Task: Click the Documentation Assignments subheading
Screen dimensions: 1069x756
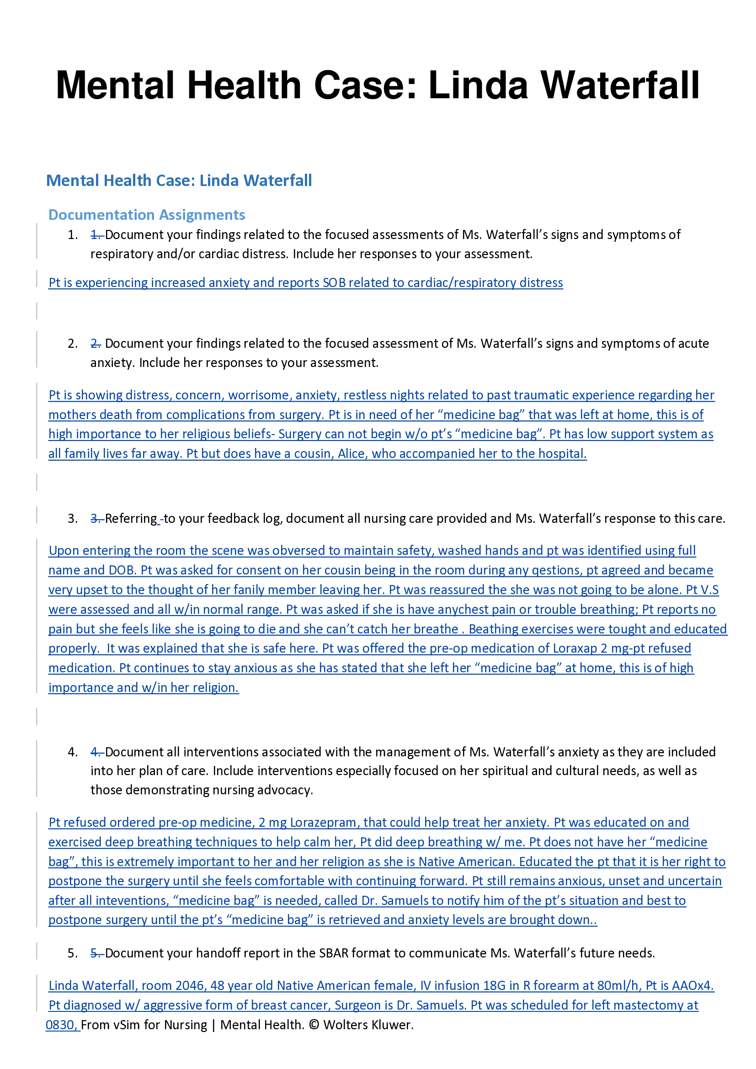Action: coord(147,215)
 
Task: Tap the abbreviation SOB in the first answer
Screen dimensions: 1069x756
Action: coord(334,282)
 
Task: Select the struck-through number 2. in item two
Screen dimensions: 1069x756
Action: coord(96,344)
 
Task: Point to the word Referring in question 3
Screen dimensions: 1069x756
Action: coord(131,518)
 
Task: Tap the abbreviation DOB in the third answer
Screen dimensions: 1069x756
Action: coord(122,570)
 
